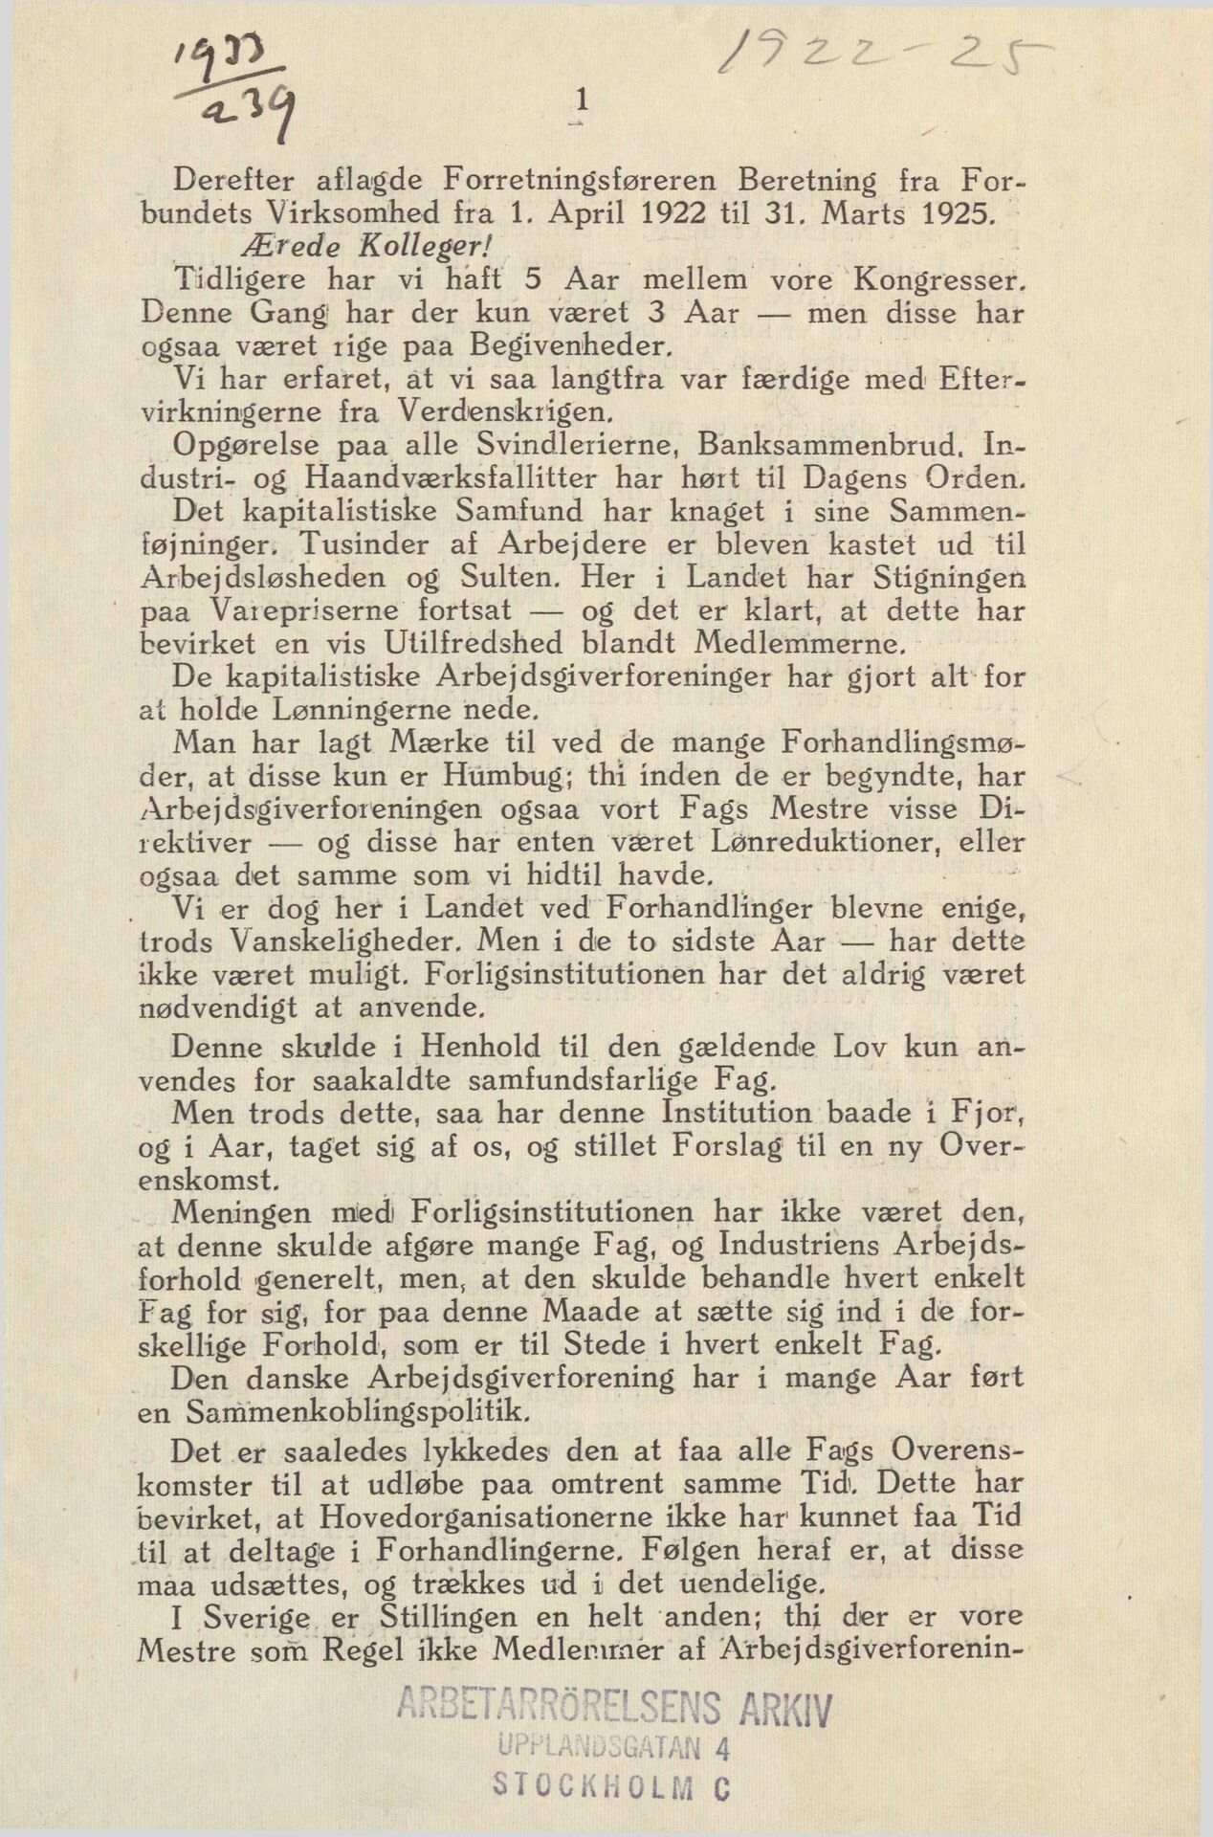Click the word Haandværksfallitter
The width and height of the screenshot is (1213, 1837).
point(446,477)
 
